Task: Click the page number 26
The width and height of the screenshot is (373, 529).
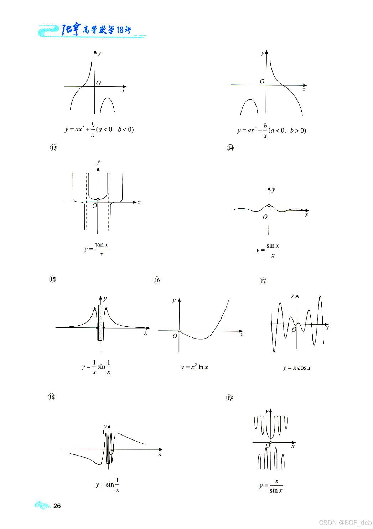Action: [x=57, y=506]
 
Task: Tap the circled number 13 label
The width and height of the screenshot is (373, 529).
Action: [x=53, y=148]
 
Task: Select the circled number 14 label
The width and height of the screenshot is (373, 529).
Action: [x=230, y=148]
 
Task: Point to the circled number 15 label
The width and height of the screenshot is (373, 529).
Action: [x=52, y=279]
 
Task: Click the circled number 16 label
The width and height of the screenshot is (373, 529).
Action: [x=157, y=280]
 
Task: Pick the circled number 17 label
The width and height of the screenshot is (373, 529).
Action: [x=263, y=281]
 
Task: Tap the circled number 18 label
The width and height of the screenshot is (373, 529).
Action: [x=52, y=397]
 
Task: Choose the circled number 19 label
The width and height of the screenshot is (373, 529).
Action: [x=229, y=398]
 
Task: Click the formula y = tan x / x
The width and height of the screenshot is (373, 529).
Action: [x=97, y=249]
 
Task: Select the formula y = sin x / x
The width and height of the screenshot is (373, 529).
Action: [x=268, y=250]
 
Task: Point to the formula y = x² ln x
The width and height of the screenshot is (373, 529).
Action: [x=194, y=367]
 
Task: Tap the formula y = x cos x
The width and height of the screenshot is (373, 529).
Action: [x=297, y=368]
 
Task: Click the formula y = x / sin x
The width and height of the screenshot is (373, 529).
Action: [x=271, y=486]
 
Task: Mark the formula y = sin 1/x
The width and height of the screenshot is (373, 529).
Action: [x=108, y=484]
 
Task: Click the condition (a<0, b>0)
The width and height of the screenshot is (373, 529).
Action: [x=287, y=131]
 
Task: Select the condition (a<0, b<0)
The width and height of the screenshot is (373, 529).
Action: [x=115, y=129]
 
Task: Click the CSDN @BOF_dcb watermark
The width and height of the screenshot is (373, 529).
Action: [x=345, y=523]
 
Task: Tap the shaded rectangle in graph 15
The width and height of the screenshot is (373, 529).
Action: [x=100, y=322]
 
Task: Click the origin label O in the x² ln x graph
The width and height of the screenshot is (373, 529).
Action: [x=175, y=336]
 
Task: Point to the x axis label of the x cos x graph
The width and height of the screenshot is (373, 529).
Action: [x=327, y=327]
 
